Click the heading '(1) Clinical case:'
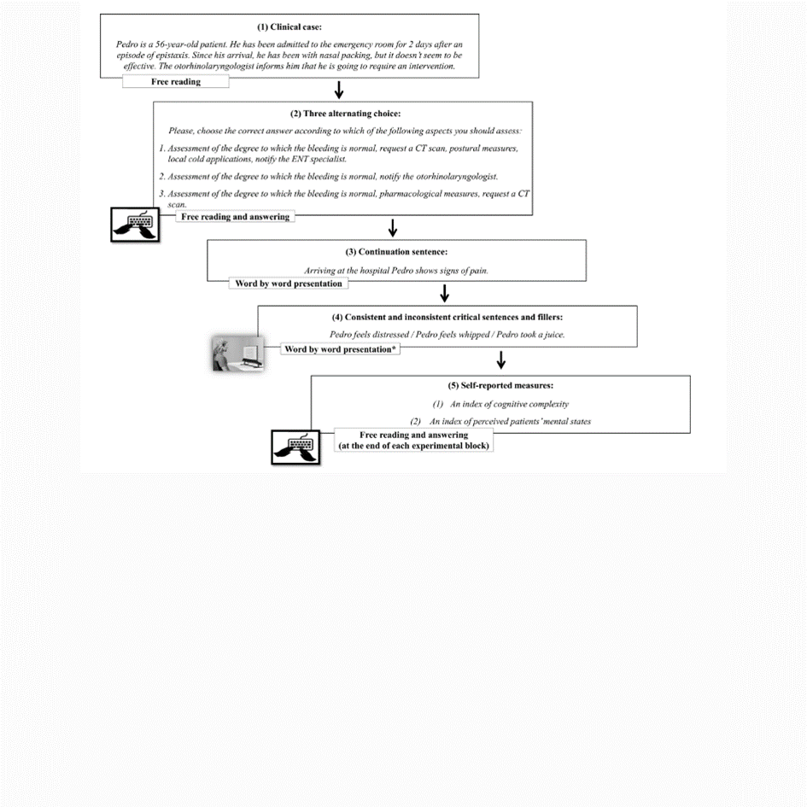point(289,27)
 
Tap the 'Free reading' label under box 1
point(175,82)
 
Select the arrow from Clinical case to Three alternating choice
point(339,90)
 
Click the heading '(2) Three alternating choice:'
point(342,114)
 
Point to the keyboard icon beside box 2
point(136,225)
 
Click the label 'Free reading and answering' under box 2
point(236,217)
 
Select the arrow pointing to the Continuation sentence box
point(393,228)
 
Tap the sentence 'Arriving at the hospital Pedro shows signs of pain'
point(396,270)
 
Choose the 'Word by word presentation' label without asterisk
point(289,284)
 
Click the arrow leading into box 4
point(445,295)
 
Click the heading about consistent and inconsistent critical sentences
point(447,318)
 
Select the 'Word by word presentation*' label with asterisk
point(341,349)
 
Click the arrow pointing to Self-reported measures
point(501,360)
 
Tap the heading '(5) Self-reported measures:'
point(500,386)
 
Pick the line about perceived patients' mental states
point(500,421)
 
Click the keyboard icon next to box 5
point(295,447)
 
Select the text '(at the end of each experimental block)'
point(414,446)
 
